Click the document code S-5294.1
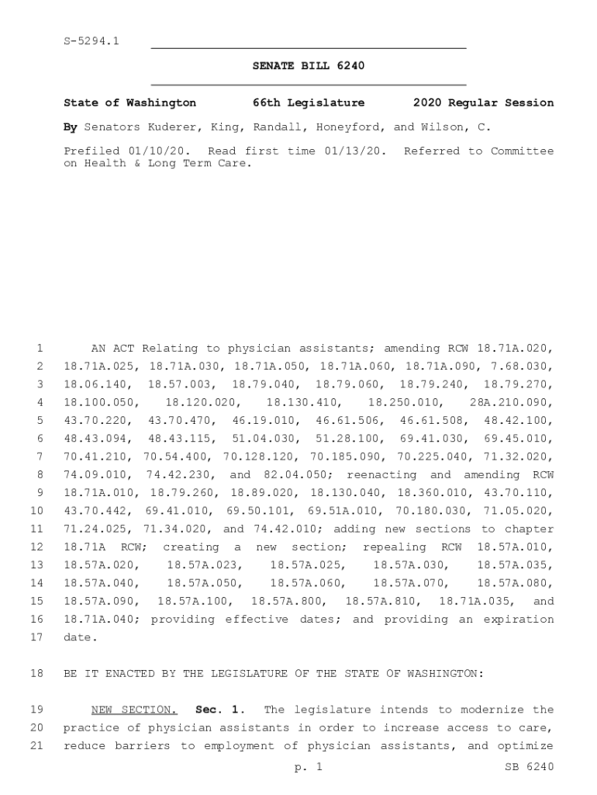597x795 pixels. click(91, 41)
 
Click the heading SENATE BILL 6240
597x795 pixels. click(308, 66)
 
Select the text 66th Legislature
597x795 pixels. click(308, 102)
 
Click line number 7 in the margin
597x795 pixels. click(39, 457)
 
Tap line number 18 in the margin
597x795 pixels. click(36, 673)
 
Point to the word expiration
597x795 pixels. click(516, 619)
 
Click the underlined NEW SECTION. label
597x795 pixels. click(134, 710)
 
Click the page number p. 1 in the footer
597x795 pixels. click(308, 767)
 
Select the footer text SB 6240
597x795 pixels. click(529, 767)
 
